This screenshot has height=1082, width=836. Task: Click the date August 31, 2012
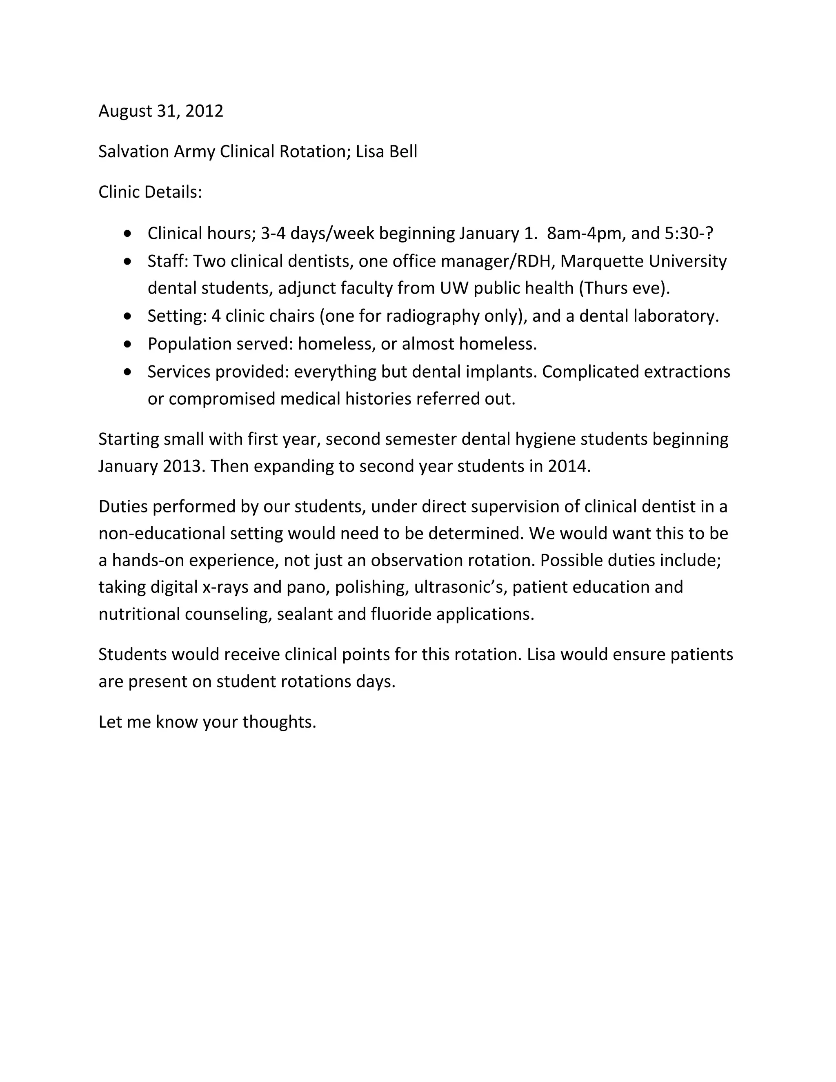[160, 111]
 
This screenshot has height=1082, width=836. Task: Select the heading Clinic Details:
[150, 192]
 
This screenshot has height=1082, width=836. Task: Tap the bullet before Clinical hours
[128, 233]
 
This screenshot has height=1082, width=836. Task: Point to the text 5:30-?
[689, 233]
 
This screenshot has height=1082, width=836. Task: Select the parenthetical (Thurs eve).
[624, 288]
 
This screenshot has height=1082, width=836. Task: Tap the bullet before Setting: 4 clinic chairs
[128, 316]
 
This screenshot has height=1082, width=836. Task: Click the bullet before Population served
[128, 343]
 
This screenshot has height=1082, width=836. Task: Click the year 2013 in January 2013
[183, 467]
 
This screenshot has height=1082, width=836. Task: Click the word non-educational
[162, 534]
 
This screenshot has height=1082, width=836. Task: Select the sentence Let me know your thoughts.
[207, 722]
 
